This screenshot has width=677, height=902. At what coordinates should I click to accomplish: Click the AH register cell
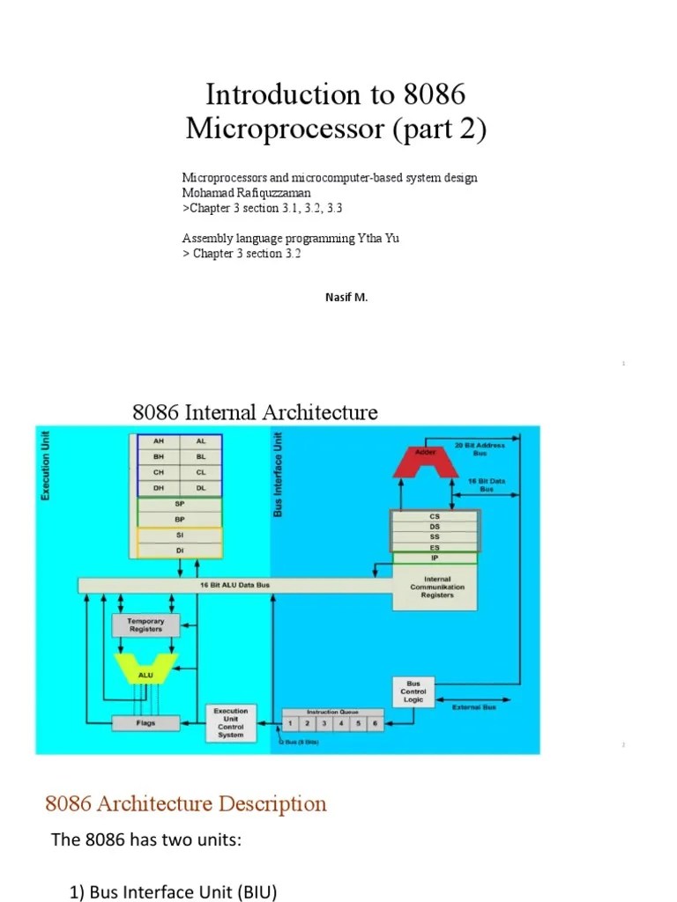pos(158,441)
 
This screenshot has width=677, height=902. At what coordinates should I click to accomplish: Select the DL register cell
pos(201,487)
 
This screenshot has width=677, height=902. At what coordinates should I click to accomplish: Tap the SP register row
pos(180,504)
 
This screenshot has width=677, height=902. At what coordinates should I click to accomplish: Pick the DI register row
pos(180,550)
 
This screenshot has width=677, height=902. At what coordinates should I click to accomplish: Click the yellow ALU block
pos(145,674)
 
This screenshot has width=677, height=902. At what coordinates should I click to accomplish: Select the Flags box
pos(145,722)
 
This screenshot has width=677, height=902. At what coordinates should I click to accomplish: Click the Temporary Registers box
pos(145,625)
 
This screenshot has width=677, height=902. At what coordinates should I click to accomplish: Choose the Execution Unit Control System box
pos(230,722)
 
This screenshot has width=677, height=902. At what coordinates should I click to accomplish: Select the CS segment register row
pos(435,516)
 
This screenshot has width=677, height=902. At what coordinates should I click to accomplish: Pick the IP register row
pos(435,558)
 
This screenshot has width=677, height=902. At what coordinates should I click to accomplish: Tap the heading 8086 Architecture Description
pos(185,803)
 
